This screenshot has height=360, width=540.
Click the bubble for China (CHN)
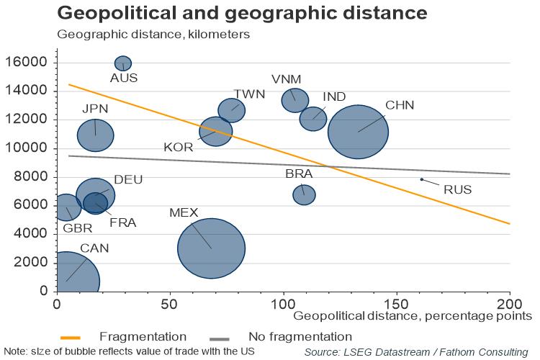click(x=358, y=132)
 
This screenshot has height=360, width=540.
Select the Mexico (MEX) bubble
click(x=212, y=248)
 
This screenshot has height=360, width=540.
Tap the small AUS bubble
click(x=123, y=63)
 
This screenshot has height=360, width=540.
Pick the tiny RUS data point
click(x=422, y=179)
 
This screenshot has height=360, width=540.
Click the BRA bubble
click(x=304, y=194)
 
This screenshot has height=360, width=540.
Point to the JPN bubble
click(x=96, y=135)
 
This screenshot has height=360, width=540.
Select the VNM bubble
click(x=295, y=100)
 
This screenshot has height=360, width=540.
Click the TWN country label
click(x=249, y=94)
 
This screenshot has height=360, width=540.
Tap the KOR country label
click(x=178, y=147)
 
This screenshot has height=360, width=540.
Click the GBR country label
click(x=77, y=228)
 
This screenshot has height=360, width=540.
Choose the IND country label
click(x=334, y=96)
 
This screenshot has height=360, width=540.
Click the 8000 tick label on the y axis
click(x=33, y=177)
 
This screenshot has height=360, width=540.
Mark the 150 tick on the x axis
click(x=396, y=303)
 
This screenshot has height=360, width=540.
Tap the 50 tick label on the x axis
click(x=170, y=303)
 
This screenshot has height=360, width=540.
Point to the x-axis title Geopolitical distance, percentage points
click(x=413, y=315)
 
